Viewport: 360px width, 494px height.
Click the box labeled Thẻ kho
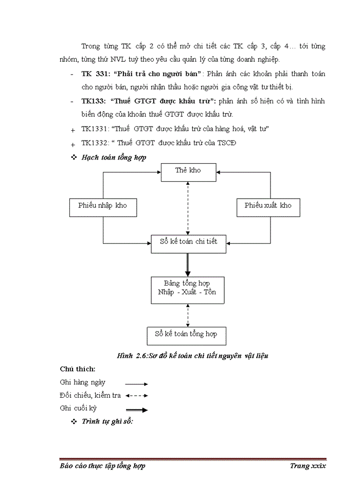tap(188, 172)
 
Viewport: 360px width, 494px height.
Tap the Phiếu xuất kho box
tap(267, 206)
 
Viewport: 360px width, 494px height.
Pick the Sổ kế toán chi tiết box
tap(188, 244)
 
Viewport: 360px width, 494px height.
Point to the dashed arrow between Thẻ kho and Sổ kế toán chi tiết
tap(188, 208)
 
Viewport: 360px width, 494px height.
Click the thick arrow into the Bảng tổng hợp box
tap(188, 266)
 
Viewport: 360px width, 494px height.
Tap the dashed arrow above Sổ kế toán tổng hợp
tap(188, 315)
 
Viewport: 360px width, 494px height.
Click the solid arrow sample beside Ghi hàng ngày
tap(136, 384)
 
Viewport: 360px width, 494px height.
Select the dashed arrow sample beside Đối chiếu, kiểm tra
tap(136, 396)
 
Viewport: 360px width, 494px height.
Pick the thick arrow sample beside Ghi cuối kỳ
tap(136, 410)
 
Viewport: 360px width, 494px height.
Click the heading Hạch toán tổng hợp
tap(114, 157)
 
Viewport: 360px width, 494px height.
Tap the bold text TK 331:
tap(95, 74)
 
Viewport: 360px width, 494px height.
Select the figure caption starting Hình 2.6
tap(193, 356)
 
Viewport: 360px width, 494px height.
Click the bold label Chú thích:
tap(77, 369)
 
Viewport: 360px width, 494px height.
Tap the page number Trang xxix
tap(308, 466)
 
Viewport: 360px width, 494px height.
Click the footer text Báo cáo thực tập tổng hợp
tap(102, 466)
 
